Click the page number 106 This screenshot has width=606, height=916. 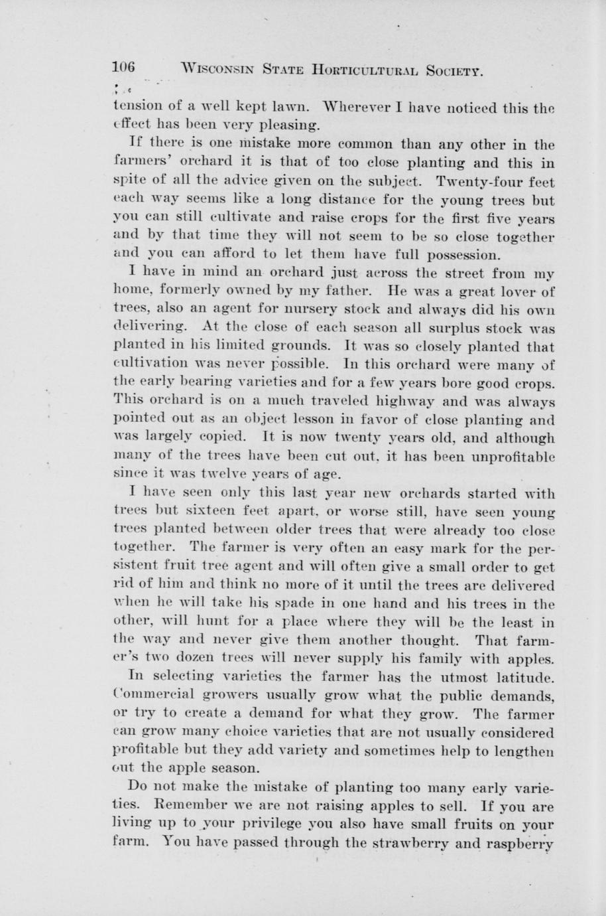coord(124,67)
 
